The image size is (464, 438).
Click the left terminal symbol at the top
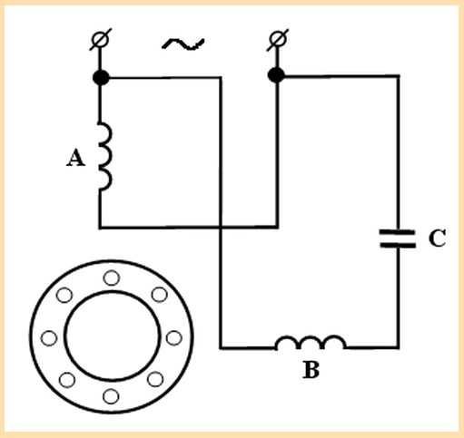pyautogui.click(x=101, y=40)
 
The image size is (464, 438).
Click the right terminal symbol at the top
pyautogui.click(x=278, y=40)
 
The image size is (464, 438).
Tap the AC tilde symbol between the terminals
pyautogui.click(x=183, y=44)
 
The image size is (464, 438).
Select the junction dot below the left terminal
pyautogui.click(x=101, y=77)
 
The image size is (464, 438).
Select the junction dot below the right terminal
pyautogui.click(x=276, y=75)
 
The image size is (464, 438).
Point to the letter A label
pyautogui.click(x=75, y=158)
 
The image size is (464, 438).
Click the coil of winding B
pyautogui.click(x=311, y=342)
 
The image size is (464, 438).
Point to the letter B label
pyautogui.click(x=311, y=370)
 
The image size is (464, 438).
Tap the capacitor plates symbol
pyautogui.click(x=398, y=238)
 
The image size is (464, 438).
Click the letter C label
pyautogui.click(x=437, y=238)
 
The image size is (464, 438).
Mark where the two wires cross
pyautogui.click(x=221, y=227)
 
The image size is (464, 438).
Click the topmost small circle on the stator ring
pyautogui.click(x=112, y=277)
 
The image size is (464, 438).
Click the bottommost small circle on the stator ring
pyautogui.click(x=111, y=396)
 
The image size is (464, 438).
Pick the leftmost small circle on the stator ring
pyautogui.click(x=49, y=338)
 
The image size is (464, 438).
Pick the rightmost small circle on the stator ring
pyautogui.click(x=174, y=338)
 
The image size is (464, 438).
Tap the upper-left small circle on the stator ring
pyautogui.click(x=64, y=295)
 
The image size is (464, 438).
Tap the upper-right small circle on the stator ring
pyautogui.click(x=160, y=295)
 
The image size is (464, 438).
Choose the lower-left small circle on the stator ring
pyautogui.click(x=67, y=380)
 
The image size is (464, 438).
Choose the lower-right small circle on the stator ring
pyautogui.click(x=155, y=379)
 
